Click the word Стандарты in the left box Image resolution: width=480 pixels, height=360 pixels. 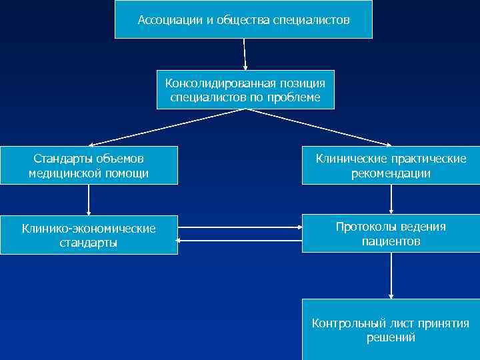pos(62,159)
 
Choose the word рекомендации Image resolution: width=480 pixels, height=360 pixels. pos(391,173)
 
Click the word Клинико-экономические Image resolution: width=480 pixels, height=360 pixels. pos(89,229)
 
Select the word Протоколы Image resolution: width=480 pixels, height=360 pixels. pos(365,227)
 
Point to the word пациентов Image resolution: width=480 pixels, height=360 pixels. pos(391,241)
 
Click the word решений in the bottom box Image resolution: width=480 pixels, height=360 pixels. pos(391,338)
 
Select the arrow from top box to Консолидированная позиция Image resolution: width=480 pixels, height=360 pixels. pos(245,54)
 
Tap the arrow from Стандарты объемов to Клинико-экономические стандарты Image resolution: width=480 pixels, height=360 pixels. pos(89,199)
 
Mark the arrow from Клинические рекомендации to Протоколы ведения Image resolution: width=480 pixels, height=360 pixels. pos(391,199)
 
